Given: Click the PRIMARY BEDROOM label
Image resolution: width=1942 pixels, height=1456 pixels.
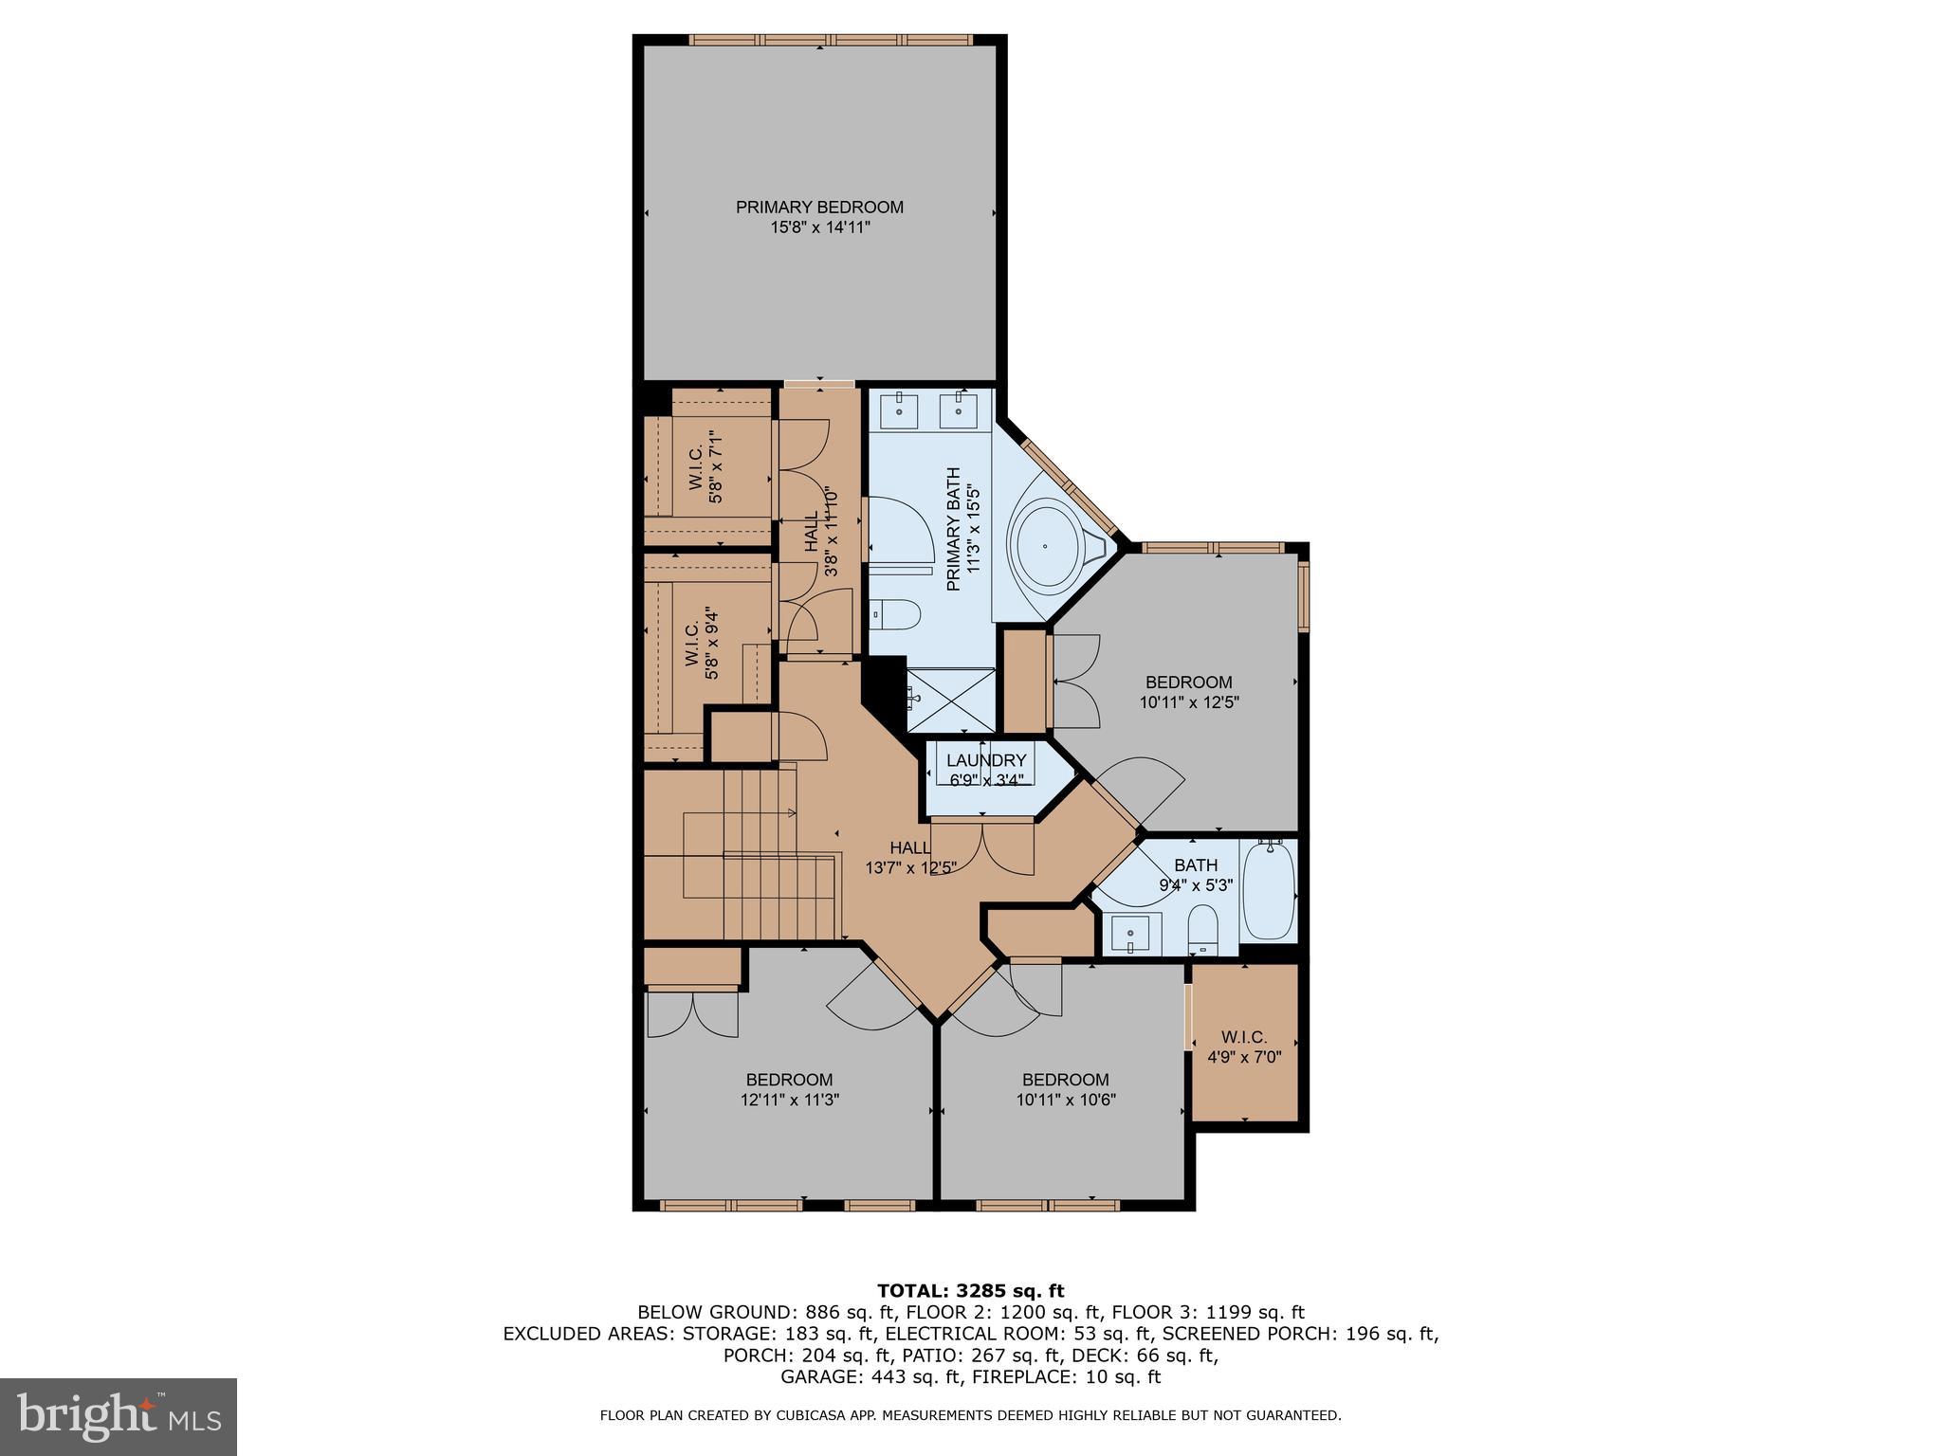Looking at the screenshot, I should pos(819,208).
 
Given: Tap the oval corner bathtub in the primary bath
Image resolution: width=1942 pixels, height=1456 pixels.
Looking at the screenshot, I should pos(1047,546).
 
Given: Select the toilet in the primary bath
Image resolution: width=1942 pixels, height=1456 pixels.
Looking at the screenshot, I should pos(895,615).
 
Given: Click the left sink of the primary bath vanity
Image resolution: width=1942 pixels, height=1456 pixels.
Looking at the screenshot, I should pos(896,412).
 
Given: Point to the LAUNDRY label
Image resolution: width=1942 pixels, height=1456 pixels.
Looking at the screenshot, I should pos(986,760).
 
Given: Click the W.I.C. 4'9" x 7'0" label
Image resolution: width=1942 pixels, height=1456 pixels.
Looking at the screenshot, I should pos(1244,1046).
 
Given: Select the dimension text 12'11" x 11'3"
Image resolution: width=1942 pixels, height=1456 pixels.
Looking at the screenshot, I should pos(790,1100).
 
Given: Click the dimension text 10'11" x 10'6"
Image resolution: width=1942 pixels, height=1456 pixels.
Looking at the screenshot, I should pos(1066,1100).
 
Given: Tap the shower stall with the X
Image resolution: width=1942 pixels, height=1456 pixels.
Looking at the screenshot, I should pos(951,701).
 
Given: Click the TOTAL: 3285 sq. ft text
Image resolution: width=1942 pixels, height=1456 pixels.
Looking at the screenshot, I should pos(970,1291).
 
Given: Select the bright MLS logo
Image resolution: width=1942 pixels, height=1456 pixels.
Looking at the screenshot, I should pos(119,1416).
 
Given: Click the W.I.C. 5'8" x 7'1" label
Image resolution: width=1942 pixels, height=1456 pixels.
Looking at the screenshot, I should pos(705,470).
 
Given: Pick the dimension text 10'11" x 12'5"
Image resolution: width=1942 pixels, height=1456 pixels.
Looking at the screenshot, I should pos(1189,702).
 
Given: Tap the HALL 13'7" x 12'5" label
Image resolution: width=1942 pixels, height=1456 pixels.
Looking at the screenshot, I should pos(910,857).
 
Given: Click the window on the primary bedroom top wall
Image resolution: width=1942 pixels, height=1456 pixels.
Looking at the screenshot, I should pos(831,40).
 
